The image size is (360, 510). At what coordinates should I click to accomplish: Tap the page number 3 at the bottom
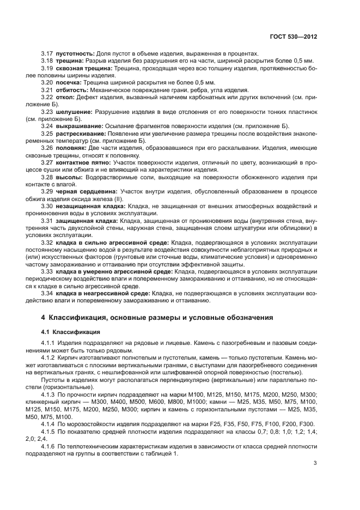pos(315,463)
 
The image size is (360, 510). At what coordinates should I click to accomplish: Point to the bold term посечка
pos(70,82)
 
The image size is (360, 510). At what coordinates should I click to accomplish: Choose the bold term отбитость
pos(72,90)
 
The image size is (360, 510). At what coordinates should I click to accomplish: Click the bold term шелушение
pos(74,112)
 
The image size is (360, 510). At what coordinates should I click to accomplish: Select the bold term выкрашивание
pos(78,126)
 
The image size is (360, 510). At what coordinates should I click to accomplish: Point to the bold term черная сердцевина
pos(84,191)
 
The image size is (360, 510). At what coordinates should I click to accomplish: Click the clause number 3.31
pos(47,221)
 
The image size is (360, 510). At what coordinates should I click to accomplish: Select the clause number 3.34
pos(47,293)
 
